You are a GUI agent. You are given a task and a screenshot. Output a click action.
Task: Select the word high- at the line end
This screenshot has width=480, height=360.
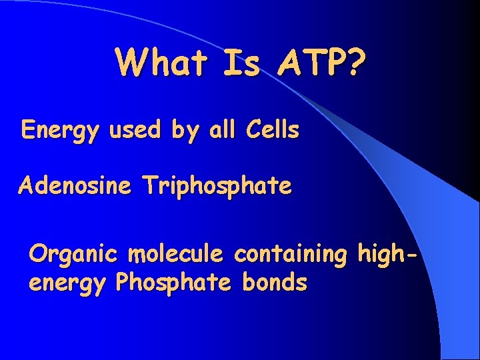(x=390, y=254)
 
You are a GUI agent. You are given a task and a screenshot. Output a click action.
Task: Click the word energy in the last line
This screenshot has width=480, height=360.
(x=67, y=284)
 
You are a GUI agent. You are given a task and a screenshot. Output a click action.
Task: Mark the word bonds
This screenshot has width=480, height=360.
(x=275, y=283)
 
